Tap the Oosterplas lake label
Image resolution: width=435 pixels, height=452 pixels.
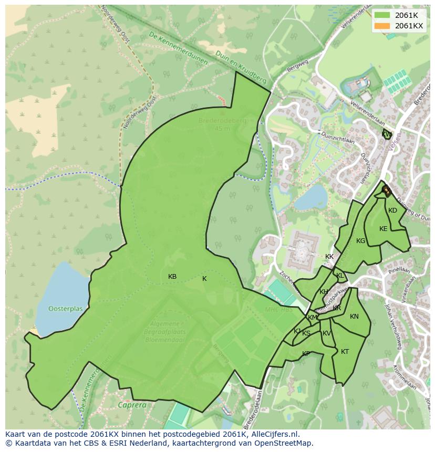(66, 309)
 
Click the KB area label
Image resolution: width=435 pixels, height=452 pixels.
(172, 277)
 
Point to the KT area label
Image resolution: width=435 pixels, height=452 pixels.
(345, 352)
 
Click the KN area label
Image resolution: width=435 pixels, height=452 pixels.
(354, 317)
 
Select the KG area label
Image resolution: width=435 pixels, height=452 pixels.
(360, 241)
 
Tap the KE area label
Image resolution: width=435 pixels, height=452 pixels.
(384, 229)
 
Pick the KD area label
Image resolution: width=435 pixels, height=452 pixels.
(392, 211)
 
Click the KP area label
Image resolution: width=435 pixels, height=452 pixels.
(306, 354)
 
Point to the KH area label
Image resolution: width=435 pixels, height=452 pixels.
(324, 292)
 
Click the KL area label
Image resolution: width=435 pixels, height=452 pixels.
(340, 276)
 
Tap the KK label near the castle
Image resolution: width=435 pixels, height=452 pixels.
(329, 257)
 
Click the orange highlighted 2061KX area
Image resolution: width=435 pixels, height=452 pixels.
(386, 190)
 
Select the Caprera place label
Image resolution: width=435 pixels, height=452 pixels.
(131, 405)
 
